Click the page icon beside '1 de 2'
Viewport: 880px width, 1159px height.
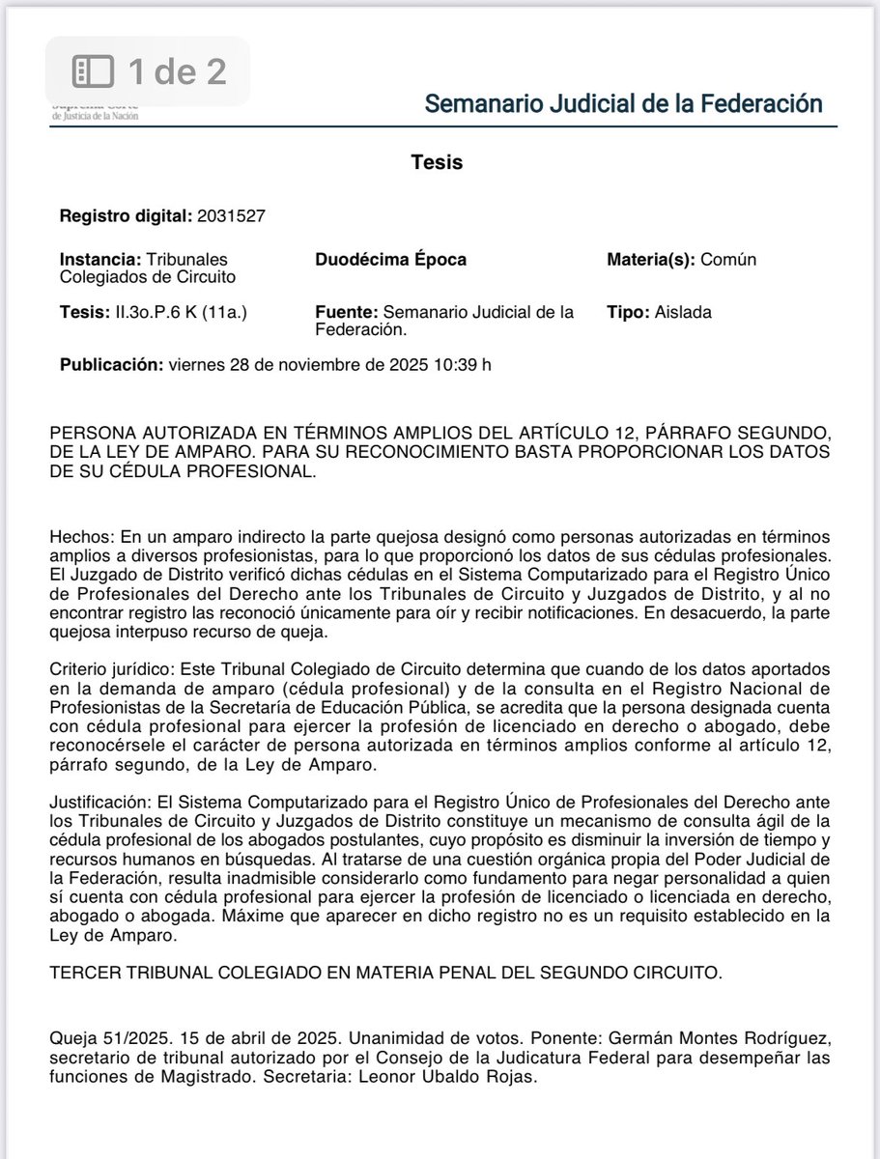(x=94, y=71)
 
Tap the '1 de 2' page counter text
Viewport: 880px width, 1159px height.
(x=177, y=71)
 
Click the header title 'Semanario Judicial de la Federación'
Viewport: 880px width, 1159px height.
(x=624, y=103)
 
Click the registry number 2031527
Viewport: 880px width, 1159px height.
(x=232, y=215)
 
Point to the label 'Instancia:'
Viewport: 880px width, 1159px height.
(x=99, y=260)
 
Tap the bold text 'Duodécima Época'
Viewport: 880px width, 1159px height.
(x=390, y=260)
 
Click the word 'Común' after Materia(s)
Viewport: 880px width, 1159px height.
(x=730, y=260)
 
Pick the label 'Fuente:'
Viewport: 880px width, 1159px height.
(x=347, y=313)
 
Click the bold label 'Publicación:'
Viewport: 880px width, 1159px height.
(x=111, y=365)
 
